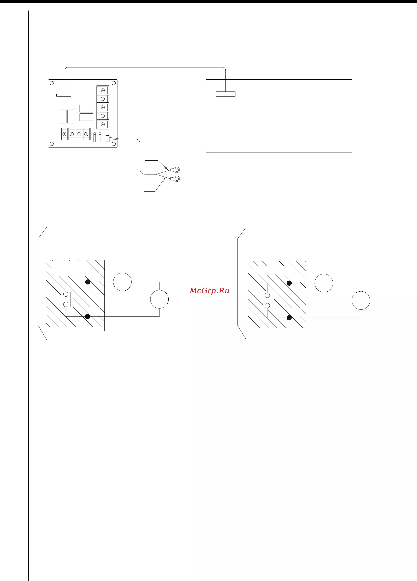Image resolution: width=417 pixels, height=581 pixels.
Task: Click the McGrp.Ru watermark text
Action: [x=210, y=291]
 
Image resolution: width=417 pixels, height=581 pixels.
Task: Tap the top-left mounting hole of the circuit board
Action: [x=51, y=83]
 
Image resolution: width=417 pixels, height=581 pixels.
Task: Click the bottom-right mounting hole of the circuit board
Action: [x=114, y=144]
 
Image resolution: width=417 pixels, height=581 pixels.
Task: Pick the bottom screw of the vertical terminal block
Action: [x=103, y=124]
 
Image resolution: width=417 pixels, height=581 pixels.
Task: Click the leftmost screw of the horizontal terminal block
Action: [x=64, y=134]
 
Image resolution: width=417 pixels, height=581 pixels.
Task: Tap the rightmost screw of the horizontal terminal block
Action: [x=86, y=134]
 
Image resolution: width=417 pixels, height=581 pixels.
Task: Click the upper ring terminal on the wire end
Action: [x=175, y=170]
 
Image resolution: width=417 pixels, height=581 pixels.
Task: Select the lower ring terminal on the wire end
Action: [x=175, y=179]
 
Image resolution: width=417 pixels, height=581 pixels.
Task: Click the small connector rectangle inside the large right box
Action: [x=226, y=94]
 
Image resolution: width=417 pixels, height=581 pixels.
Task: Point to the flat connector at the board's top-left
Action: [x=64, y=95]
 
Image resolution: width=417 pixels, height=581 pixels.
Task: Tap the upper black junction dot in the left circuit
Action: [x=88, y=282]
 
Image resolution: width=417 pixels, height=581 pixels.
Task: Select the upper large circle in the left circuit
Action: [x=122, y=282]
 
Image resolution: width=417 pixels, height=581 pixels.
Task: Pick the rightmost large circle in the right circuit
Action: [x=361, y=301]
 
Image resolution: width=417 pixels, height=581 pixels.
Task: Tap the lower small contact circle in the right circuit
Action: [x=267, y=305]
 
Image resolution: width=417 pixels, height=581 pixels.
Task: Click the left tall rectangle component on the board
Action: [x=63, y=117]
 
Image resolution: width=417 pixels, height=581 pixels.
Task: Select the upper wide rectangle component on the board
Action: [x=86, y=108]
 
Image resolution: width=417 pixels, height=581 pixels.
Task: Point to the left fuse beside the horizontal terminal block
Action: [x=95, y=137]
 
